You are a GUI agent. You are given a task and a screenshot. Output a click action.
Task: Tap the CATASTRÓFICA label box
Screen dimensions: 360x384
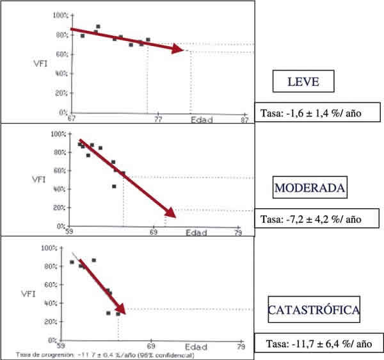pos(313,311)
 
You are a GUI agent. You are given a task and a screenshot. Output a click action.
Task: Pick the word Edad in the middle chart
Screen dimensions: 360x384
pos(196,233)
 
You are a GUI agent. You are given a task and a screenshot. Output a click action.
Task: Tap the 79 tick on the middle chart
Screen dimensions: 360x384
pos(239,233)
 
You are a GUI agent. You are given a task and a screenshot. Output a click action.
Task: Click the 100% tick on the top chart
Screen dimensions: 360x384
pos(59,15)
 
